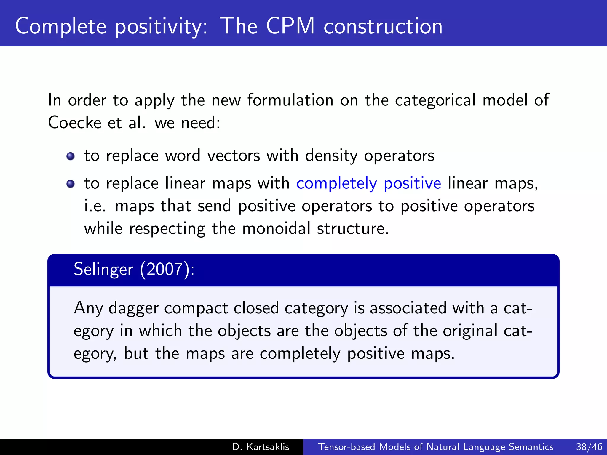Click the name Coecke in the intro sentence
click(x=74, y=123)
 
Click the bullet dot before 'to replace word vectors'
click(x=71, y=156)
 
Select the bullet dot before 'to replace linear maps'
click(x=71, y=184)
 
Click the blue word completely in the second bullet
click(x=336, y=184)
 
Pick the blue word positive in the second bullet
click(x=412, y=184)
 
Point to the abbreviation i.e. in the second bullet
click(x=95, y=206)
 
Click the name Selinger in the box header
click(x=103, y=269)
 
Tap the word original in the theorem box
click(x=470, y=331)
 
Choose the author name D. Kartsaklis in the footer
click(x=261, y=447)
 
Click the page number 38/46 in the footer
click(x=589, y=447)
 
